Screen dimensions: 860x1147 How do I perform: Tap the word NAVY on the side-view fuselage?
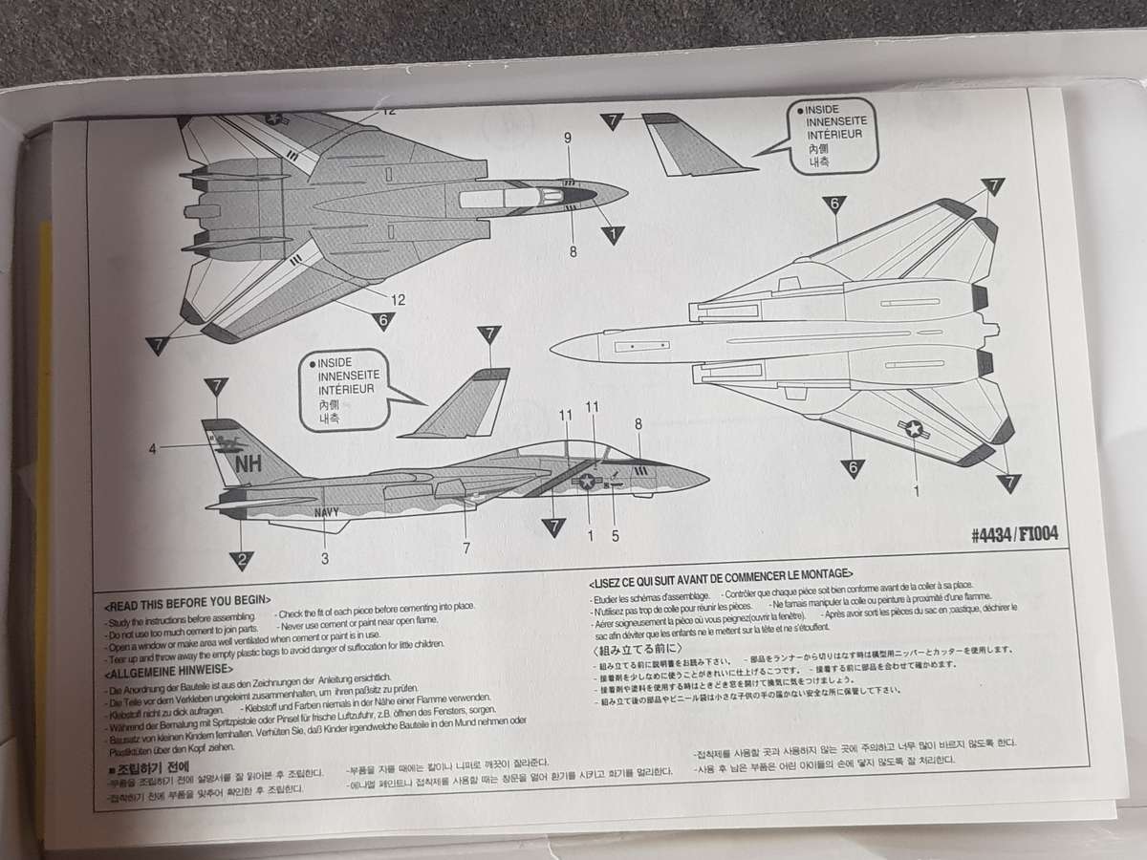coord(326,512)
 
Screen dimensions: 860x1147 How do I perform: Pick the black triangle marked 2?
coord(243,559)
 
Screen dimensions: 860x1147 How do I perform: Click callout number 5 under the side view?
coord(616,535)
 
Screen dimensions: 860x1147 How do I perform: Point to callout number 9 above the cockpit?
coord(568,139)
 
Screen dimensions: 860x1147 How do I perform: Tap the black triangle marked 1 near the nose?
coord(612,233)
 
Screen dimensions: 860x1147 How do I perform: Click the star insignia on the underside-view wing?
coord(915,430)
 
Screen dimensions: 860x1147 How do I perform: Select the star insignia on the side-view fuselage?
coord(585,483)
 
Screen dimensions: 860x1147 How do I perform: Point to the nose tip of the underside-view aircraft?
coord(554,348)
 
